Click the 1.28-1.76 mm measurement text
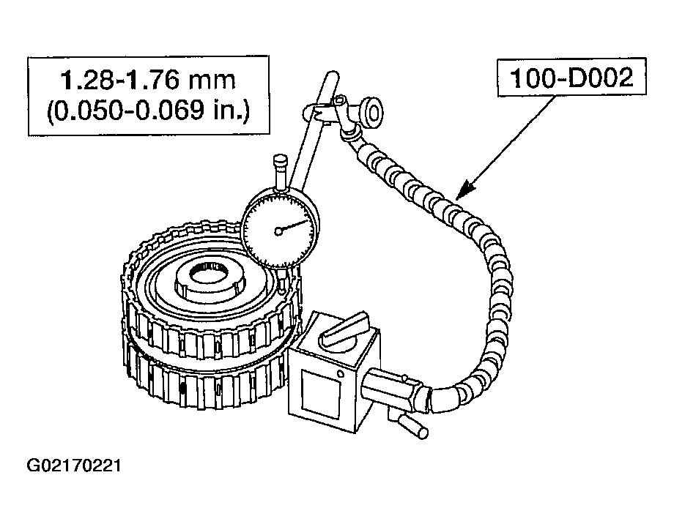pyautogui.click(x=148, y=80)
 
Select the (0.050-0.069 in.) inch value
pyautogui.click(x=148, y=111)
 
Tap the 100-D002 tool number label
pyautogui.click(x=571, y=78)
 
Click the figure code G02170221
pyautogui.click(x=74, y=466)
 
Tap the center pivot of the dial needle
pyautogui.click(x=278, y=231)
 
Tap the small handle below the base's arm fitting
pyautogui.click(x=412, y=427)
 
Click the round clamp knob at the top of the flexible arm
pyautogui.click(x=372, y=113)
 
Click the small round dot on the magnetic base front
pyautogui.click(x=341, y=374)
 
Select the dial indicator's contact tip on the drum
pyautogui.click(x=282, y=284)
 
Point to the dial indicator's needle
pyautogui.click(x=293, y=226)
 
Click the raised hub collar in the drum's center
pyautogui.click(x=210, y=283)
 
